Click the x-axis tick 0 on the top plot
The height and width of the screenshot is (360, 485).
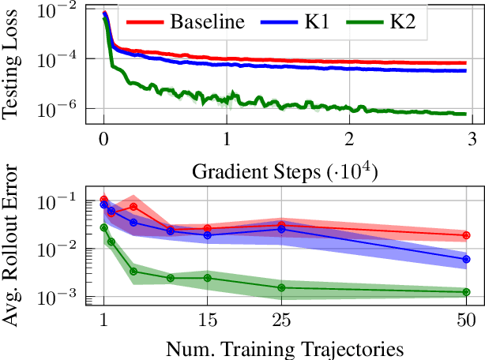[x=103, y=139]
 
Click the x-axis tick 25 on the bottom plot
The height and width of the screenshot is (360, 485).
[x=281, y=321]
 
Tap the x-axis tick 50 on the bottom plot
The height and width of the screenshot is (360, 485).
[x=466, y=321]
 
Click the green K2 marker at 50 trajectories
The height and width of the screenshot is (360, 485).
[x=466, y=292]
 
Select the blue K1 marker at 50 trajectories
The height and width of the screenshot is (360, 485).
[x=466, y=259]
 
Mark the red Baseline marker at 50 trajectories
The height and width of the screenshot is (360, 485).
[x=466, y=235]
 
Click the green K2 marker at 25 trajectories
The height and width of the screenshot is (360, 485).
[x=281, y=287]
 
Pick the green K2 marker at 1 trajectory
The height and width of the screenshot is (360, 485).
[x=103, y=227]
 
